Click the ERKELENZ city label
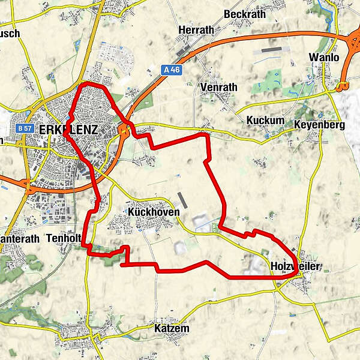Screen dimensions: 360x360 click(67, 129)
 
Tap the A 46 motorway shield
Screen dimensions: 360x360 click(172, 70)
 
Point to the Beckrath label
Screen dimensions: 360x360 click(244, 14)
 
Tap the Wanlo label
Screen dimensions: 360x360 click(324, 57)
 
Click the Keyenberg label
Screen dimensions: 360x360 click(319, 125)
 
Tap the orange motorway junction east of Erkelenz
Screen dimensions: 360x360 click(125, 130)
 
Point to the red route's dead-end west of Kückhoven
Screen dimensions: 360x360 click(122, 264)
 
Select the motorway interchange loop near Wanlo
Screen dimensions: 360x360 click(343, 86)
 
